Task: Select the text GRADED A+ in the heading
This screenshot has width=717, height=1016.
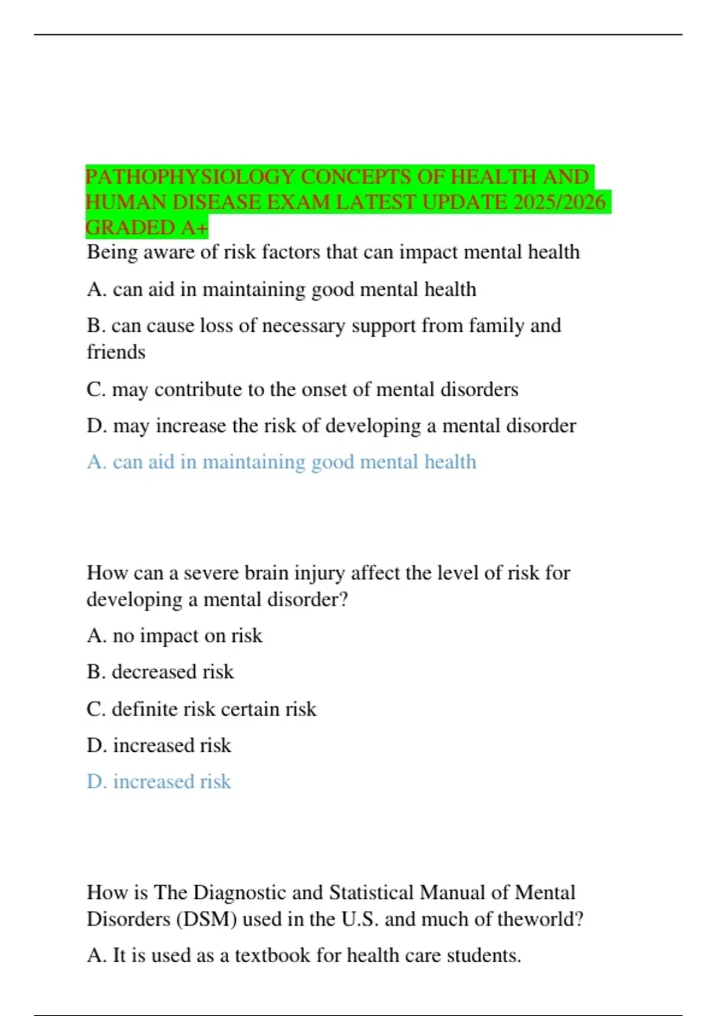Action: [147, 228]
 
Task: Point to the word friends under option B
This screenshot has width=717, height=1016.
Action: [116, 351]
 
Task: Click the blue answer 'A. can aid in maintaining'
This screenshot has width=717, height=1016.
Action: [281, 462]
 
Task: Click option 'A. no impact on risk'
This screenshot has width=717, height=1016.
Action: [174, 635]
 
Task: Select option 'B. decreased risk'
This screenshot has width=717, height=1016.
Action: [160, 672]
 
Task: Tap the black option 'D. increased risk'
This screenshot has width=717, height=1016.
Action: [159, 745]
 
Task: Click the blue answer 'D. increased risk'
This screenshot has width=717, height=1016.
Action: [159, 782]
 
